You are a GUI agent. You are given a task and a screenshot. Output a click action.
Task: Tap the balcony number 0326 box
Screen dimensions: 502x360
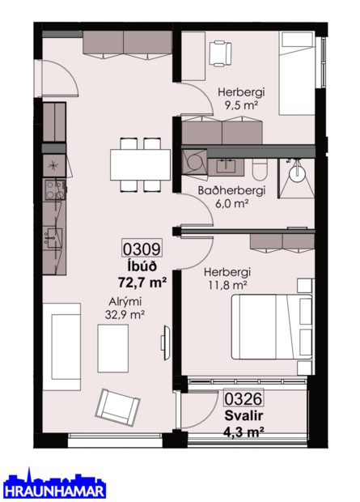[244, 398]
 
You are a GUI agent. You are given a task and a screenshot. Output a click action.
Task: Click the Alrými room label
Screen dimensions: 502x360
[125, 301]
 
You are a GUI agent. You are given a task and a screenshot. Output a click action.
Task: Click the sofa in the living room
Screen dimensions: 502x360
[61, 347]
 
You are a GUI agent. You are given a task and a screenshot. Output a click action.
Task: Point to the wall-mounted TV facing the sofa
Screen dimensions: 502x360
[165, 340]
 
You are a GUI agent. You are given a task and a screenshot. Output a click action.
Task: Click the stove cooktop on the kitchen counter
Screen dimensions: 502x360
[54, 191]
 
